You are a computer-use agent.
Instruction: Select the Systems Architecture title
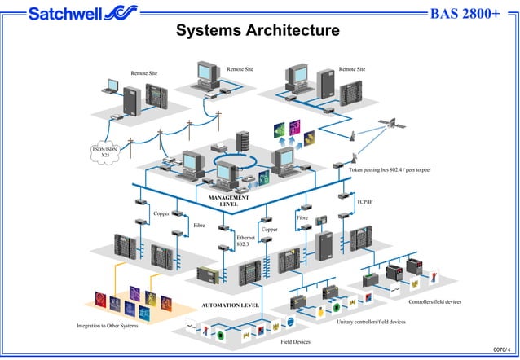[x=258, y=32]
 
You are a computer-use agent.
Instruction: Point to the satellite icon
[x=392, y=123]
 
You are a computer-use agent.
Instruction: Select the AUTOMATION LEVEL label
[x=230, y=305]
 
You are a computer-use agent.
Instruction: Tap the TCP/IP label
[x=364, y=200]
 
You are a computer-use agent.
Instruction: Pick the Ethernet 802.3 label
[x=245, y=241]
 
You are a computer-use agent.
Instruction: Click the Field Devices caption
[x=295, y=342]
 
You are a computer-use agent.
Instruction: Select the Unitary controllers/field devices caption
[x=371, y=322]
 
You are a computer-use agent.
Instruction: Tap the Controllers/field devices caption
[x=434, y=302]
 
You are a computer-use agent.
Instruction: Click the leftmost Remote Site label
[x=144, y=73]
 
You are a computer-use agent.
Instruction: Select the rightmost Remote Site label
[x=351, y=69]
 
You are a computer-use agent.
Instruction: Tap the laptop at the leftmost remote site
[x=110, y=86]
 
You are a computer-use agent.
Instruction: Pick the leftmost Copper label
[x=162, y=213]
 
